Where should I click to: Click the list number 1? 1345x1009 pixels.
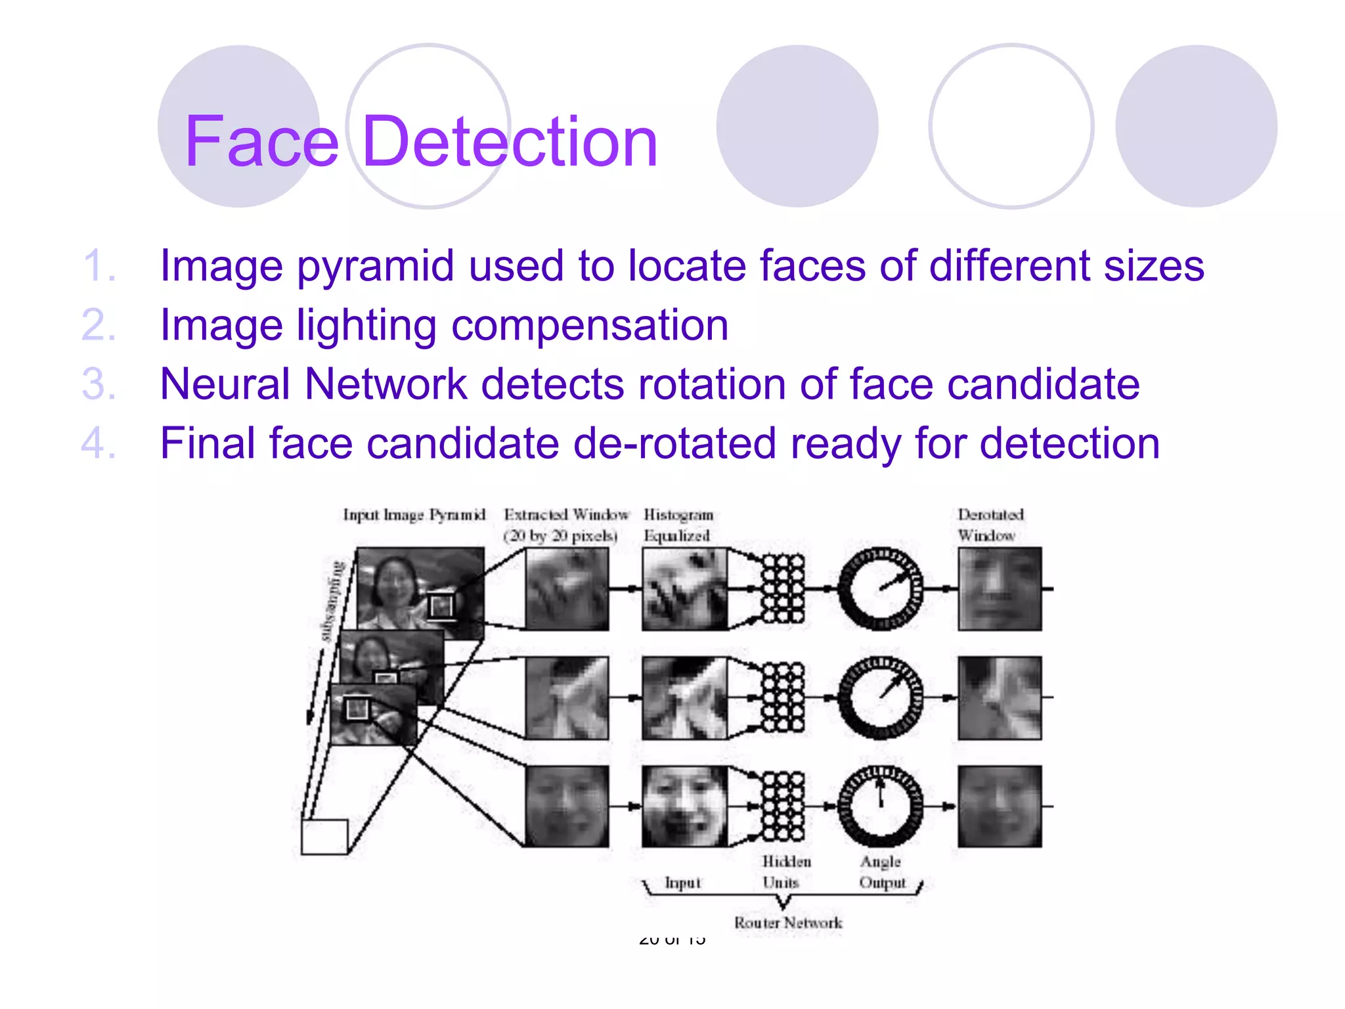click(x=99, y=266)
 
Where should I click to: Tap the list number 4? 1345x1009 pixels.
click(x=99, y=443)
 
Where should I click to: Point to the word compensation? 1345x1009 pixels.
click(x=589, y=326)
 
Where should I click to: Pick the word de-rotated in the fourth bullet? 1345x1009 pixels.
click(x=675, y=443)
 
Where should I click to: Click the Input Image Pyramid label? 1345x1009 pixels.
click(x=414, y=515)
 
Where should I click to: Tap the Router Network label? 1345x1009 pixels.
click(x=787, y=923)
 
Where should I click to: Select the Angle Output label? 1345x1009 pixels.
click(x=882, y=872)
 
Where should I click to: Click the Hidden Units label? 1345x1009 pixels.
click(x=786, y=872)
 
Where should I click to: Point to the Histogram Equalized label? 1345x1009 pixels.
click(x=678, y=525)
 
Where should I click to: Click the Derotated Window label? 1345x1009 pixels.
click(x=990, y=525)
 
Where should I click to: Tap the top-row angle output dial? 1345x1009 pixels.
click(x=881, y=589)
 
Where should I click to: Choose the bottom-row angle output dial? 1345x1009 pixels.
click(x=881, y=806)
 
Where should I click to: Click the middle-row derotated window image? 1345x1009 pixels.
click(x=999, y=698)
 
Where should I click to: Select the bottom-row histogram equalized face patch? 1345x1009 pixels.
click(x=684, y=806)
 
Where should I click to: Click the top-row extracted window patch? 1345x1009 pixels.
click(x=567, y=589)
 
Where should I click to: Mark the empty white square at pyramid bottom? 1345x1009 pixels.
click(x=324, y=837)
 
